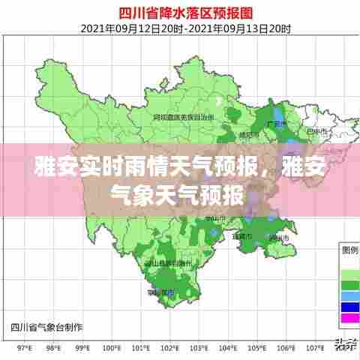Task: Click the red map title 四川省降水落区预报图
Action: point(180,13)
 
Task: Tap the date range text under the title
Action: point(180,28)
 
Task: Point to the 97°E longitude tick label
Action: point(24,348)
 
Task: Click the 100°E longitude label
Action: point(112,348)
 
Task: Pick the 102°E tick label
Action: point(170,348)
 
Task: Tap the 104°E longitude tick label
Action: point(228,348)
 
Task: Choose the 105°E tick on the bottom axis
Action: point(257,348)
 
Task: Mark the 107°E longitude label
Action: point(315,348)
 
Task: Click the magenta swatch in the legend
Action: point(349,317)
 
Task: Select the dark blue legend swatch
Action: point(349,307)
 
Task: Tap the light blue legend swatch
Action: point(349,295)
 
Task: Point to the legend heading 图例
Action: point(349,249)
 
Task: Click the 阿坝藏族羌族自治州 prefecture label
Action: point(184,118)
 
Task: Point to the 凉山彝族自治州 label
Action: point(166,264)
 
